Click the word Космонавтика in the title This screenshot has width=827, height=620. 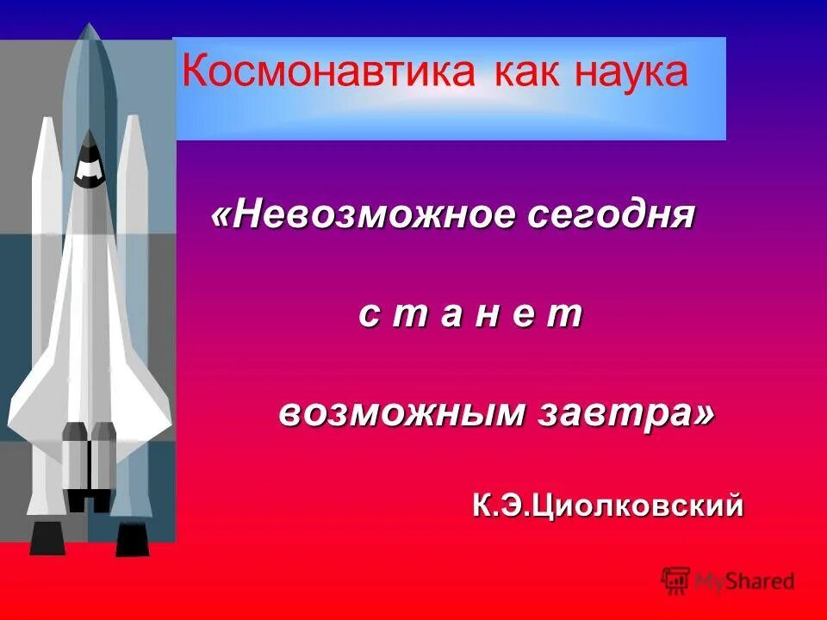(x=328, y=72)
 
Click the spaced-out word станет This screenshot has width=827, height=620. (x=470, y=315)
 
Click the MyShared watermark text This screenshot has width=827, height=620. (x=744, y=581)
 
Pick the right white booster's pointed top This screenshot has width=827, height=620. (x=132, y=119)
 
